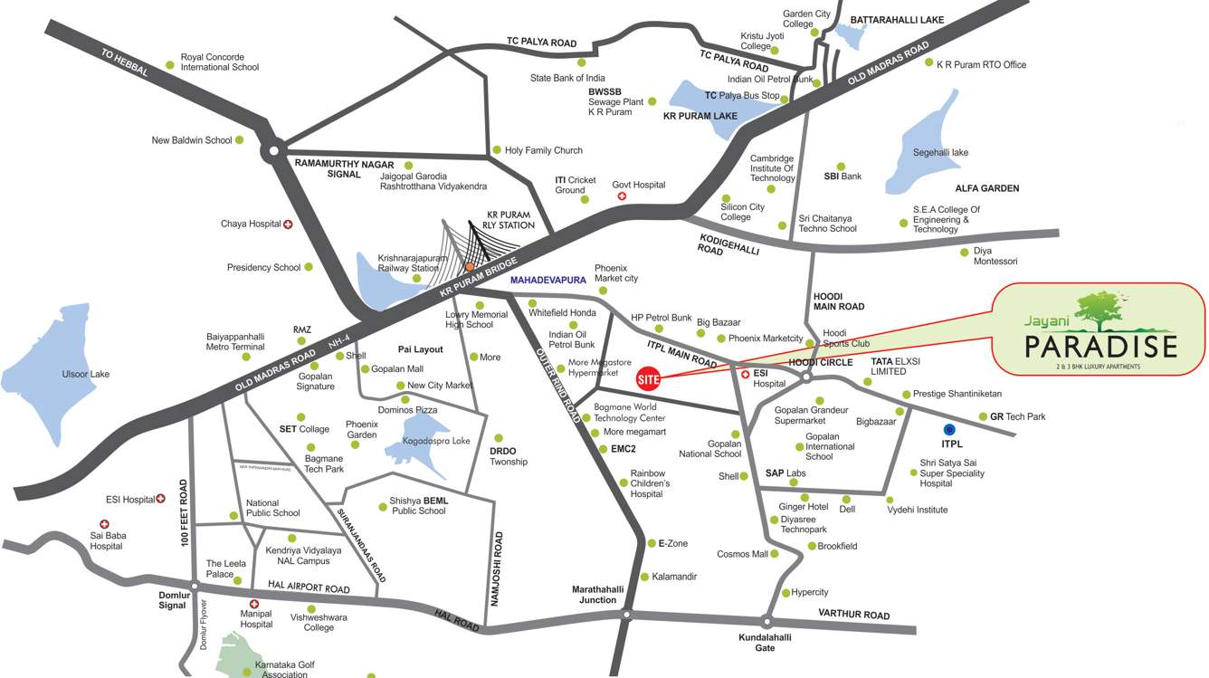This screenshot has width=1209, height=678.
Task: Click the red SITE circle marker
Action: click(x=648, y=379)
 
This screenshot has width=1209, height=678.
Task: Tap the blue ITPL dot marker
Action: click(x=949, y=429)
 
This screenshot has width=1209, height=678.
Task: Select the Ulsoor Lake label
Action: click(x=85, y=374)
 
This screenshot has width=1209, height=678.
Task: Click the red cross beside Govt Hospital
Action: click(x=621, y=196)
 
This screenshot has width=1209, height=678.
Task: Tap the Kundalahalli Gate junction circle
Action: click(x=766, y=622)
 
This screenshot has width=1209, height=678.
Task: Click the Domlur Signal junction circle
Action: click(x=193, y=586)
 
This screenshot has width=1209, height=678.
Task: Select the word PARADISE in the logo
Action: click(x=1100, y=347)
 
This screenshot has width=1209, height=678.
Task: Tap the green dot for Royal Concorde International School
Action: click(x=169, y=65)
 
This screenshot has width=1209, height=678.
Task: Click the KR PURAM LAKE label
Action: click(x=700, y=116)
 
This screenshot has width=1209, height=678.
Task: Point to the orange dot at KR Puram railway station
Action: click(x=470, y=266)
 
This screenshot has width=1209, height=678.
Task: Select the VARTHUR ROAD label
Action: click(x=853, y=616)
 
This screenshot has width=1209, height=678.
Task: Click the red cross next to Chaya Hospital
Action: click(x=289, y=224)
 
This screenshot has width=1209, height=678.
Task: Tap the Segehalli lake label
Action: click(x=940, y=152)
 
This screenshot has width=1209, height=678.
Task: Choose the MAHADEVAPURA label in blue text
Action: click(x=547, y=281)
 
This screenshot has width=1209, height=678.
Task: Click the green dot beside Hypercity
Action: click(x=785, y=593)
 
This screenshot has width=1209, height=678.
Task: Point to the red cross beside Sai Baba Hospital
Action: click(x=104, y=524)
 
